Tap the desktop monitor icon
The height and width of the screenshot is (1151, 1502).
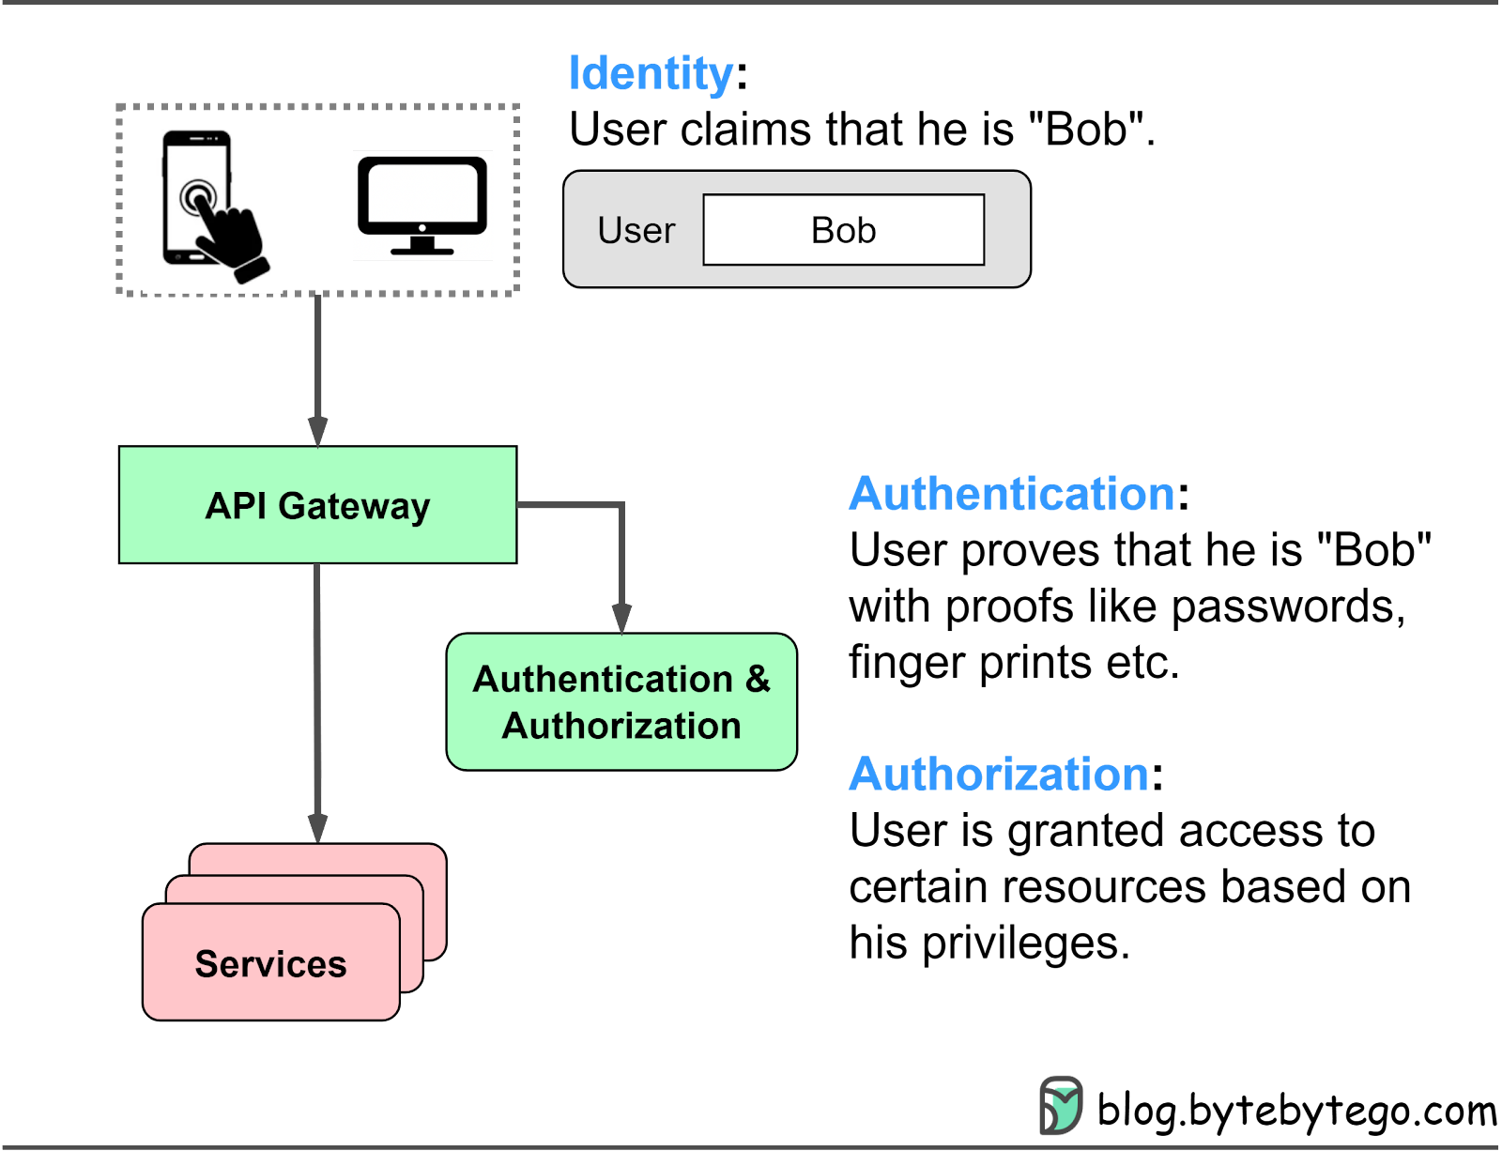[422, 206]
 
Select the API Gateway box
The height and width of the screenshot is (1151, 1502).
[318, 505]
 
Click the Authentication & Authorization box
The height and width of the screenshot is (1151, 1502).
[621, 701]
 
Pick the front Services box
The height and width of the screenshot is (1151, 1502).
[271, 961]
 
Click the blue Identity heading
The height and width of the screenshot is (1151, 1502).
[651, 72]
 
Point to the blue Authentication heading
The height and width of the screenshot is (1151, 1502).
[1012, 494]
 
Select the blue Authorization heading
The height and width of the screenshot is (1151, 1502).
[999, 774]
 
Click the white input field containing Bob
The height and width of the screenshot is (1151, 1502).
[844, 229]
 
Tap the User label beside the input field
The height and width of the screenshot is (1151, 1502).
[636, 230]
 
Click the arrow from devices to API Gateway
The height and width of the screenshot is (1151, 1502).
[318, 371]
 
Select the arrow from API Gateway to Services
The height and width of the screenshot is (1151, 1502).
[317, 704]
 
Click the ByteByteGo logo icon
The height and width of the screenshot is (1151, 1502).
[1061, 1105]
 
